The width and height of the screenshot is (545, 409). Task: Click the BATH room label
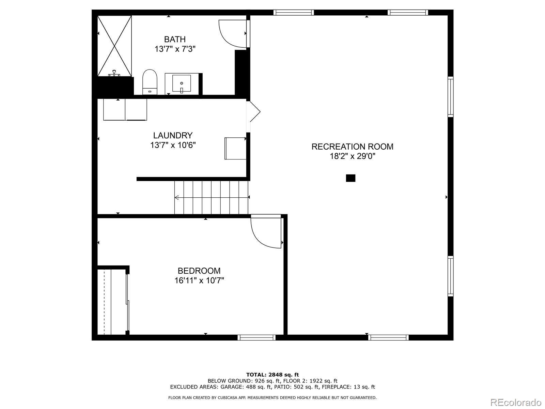(175, 39)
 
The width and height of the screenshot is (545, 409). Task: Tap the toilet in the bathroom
(150, 82)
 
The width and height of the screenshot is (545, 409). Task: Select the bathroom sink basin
(182, 83)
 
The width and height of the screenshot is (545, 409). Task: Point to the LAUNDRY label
(173, 135)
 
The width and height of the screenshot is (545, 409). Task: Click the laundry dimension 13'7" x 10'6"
(173, 145)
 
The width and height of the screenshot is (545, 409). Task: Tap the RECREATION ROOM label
(352, 147)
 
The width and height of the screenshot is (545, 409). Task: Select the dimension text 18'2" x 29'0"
(352, 156)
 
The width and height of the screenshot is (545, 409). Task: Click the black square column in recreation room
(351, 178)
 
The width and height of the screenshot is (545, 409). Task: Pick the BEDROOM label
(199, 271)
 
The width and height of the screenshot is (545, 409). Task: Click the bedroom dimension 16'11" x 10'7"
(199, 281)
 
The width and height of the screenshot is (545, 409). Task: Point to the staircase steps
(211, 197)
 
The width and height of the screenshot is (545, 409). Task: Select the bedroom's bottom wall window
(256, 337)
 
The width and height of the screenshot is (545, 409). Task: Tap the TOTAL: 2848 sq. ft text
(272, 375)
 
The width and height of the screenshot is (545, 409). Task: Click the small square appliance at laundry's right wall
(235, 148)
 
